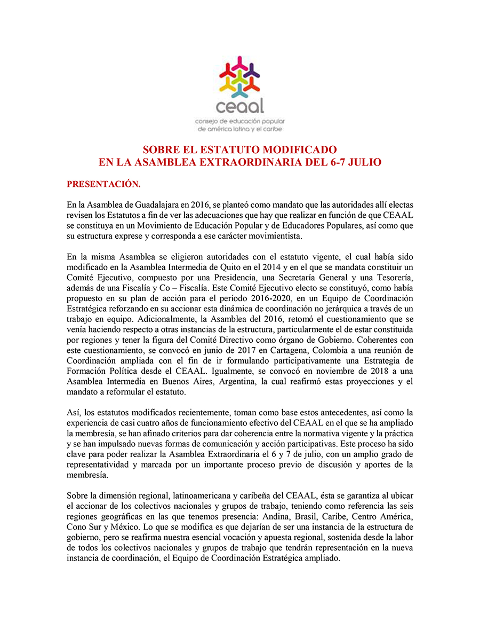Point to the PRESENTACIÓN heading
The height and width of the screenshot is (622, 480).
tap(103, 184)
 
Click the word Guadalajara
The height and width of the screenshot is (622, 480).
tap(159, 204)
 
